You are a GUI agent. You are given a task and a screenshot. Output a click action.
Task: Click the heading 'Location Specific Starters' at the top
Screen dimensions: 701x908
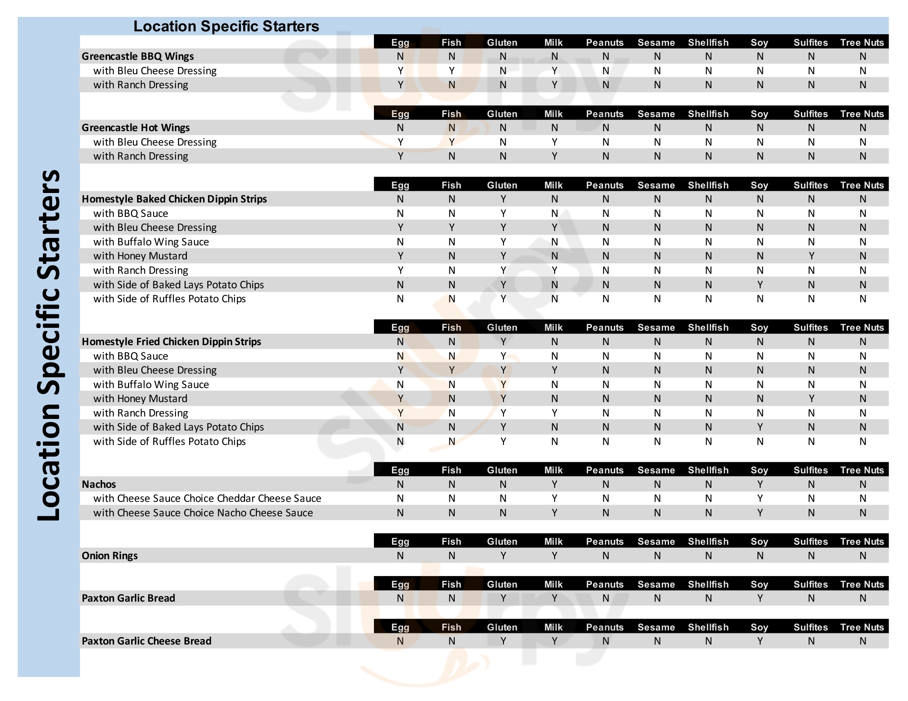point(226,26)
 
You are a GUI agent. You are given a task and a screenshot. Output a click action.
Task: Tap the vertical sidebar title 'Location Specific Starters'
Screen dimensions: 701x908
point(49,345)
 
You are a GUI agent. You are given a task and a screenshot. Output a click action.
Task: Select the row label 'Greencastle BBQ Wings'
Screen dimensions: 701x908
point(137,56)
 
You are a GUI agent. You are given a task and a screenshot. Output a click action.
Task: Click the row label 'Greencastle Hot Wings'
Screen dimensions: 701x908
point(135,127)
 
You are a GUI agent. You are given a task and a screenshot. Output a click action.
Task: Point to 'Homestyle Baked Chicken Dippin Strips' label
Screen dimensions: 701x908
point(174,199)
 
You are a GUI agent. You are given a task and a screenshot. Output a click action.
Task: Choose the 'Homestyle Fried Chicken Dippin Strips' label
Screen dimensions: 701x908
point(171,341)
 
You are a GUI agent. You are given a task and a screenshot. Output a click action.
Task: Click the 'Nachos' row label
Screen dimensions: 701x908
point(99,484)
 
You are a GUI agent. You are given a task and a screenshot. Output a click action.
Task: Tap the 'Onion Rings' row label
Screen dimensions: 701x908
point(110,556)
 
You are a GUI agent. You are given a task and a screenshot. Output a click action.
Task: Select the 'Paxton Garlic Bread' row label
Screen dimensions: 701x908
point(128,598)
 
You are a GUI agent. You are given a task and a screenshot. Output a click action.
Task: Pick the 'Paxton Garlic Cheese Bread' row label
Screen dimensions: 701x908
point(147,641)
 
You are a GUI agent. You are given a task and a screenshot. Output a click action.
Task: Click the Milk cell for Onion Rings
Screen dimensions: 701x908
point(554,556)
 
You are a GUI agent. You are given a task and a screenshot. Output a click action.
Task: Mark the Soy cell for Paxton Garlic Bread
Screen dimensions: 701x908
point(759,598)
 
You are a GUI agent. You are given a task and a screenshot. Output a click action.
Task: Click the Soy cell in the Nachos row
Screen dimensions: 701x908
point(759,484)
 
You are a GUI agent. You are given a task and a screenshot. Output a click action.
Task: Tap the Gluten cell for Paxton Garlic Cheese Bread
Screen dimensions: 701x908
point(503,641)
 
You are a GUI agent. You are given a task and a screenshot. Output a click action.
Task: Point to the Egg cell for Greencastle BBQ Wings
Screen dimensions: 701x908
point(400,56)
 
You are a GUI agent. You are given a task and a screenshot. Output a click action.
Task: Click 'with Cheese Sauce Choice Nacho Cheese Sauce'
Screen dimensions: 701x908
point(203,513)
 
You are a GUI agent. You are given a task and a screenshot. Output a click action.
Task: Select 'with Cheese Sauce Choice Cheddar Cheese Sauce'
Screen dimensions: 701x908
point(207,499)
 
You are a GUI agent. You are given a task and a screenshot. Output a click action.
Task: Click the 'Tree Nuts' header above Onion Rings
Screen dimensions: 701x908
point(862,541)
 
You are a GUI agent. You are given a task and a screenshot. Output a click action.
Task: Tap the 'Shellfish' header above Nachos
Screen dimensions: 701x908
point(708,470)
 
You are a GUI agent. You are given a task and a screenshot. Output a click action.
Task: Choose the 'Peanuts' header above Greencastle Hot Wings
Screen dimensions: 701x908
point(605,114)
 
